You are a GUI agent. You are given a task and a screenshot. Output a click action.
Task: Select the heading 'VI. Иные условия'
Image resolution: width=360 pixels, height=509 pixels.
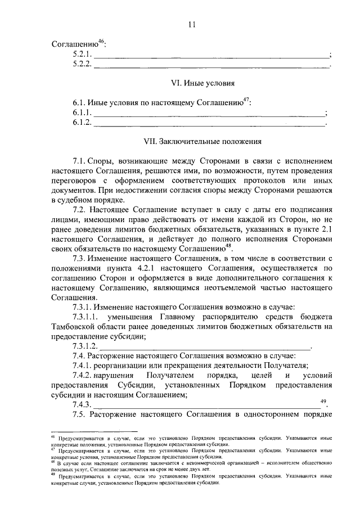202,83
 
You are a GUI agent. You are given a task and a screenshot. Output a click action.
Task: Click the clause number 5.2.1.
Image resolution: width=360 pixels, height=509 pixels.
82,55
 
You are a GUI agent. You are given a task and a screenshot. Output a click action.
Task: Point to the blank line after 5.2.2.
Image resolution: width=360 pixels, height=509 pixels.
210,65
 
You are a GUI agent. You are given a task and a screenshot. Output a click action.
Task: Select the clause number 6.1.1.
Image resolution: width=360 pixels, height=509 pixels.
82,113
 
